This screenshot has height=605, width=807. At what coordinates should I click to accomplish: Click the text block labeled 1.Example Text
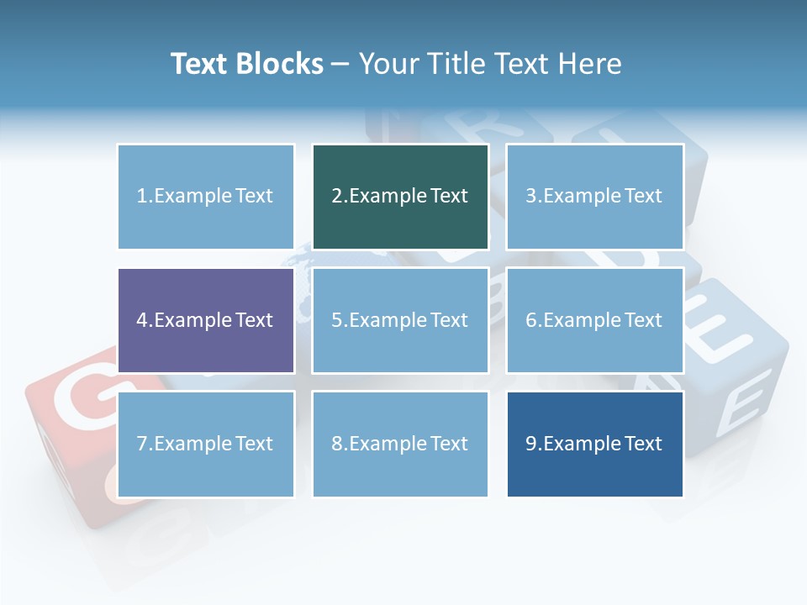(205, 197)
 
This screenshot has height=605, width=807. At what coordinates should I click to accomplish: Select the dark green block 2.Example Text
(400, 197)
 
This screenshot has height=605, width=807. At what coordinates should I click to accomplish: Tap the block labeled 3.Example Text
(594, 197)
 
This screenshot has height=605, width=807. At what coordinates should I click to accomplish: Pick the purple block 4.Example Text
(205, 320)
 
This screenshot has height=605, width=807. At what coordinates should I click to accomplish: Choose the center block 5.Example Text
(400, 320)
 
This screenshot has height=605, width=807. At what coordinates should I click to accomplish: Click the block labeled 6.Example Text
(594, 320)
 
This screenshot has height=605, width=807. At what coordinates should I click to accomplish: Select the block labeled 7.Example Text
(205, 444)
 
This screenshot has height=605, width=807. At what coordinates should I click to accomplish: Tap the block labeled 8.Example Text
(400, 444)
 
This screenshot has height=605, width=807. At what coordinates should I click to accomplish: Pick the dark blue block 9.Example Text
(594, 444)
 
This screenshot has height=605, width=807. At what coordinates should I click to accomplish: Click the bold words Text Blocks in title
(247, 64)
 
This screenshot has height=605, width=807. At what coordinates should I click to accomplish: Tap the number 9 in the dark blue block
(530, 444)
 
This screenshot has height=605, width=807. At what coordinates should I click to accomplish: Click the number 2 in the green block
(336, 197)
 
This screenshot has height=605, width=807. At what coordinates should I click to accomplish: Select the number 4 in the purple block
(142, 320)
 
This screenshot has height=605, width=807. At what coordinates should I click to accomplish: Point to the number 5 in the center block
(336, 320)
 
